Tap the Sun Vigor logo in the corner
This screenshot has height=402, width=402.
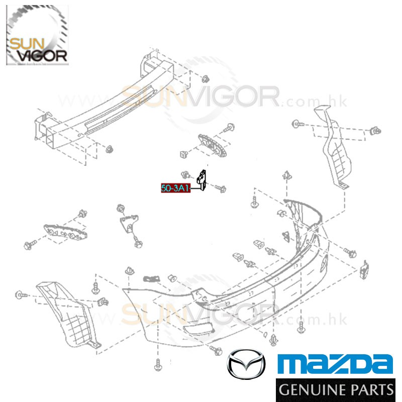coord(37,35)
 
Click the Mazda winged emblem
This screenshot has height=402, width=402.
coord(246,364)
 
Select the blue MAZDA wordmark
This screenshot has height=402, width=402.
coord(336,363)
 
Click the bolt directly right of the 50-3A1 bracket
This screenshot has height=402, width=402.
coord(221,189)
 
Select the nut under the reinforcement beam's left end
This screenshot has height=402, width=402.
coord(110,149)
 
